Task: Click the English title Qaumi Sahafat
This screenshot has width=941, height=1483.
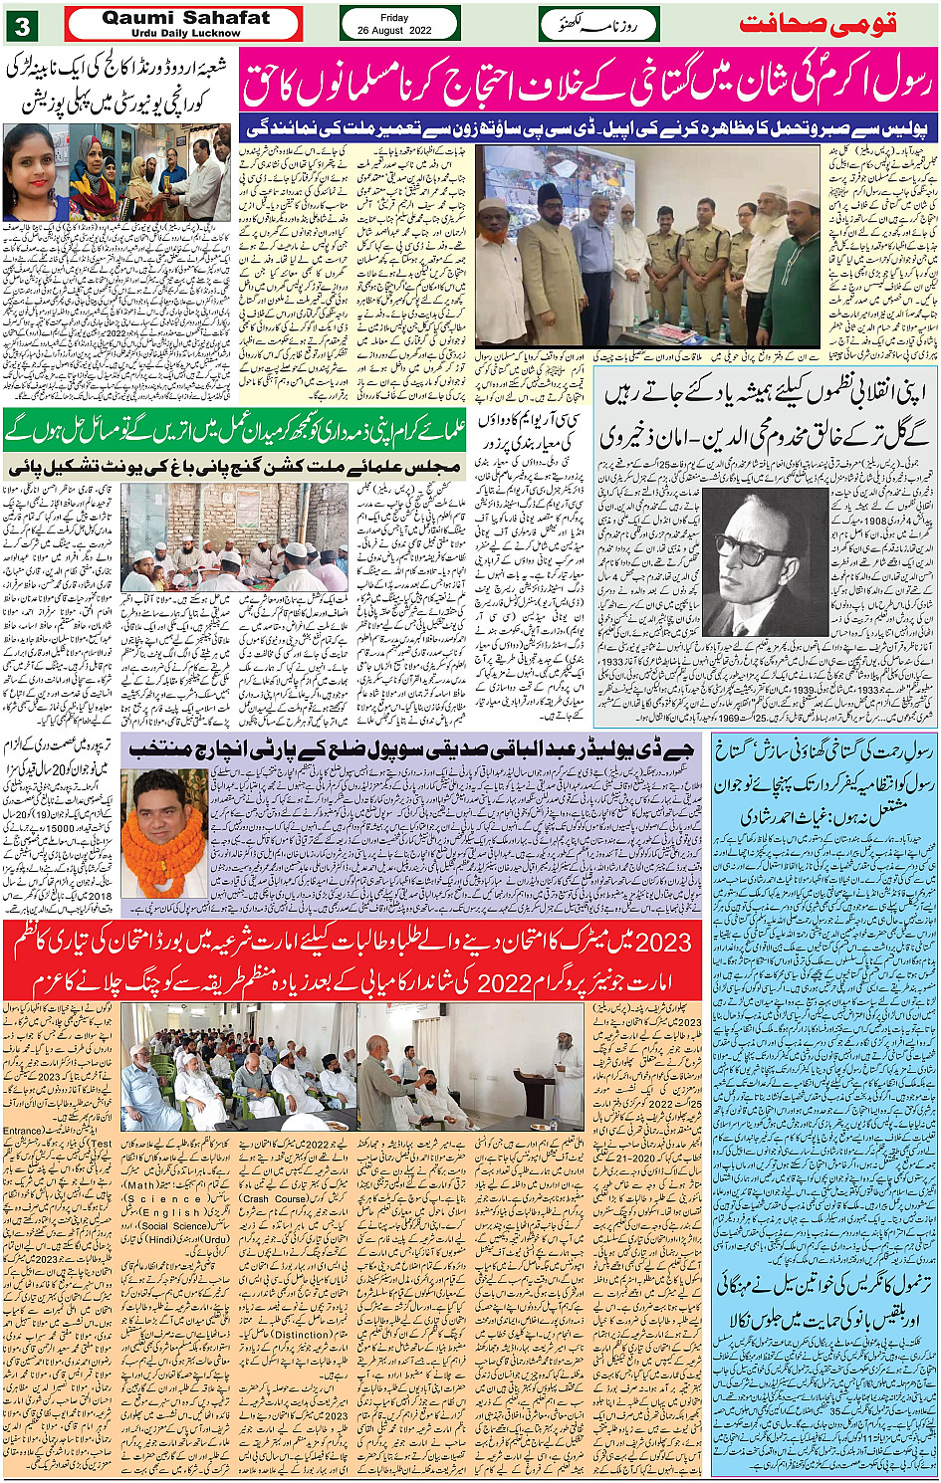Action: point(185,17)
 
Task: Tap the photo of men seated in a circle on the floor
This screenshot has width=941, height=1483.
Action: point(234,537)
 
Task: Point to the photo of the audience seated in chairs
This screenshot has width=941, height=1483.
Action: point(238,1067)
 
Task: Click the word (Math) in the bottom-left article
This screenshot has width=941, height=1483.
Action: point(140,1185)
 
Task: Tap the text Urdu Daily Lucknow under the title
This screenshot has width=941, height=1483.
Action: point(185,33)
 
